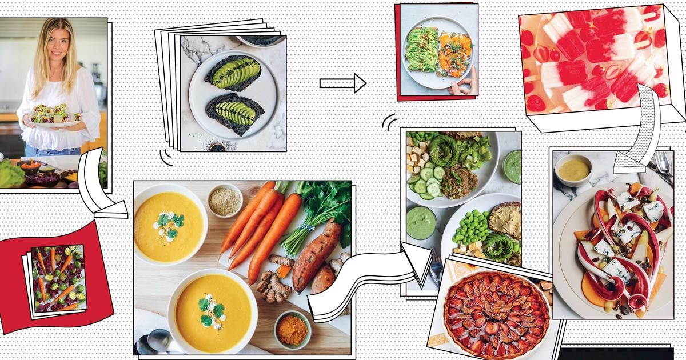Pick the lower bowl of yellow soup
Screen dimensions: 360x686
click(212, 311)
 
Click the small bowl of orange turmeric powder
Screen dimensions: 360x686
click(292, 330)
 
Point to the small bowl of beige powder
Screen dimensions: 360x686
click(224, 199)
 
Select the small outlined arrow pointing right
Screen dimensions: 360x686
click(342, 83)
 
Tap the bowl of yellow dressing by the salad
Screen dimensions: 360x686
click(573, 169)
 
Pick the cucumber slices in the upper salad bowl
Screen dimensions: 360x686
click(428, 183)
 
